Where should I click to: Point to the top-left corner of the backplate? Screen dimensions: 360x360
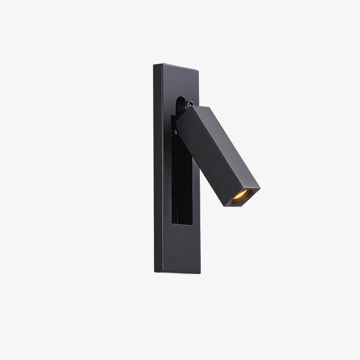(153, 64)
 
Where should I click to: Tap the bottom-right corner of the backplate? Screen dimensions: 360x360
(200, 274)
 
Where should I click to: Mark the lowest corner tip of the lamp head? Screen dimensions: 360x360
(225, 207)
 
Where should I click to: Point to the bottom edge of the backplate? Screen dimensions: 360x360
(177, 273)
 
